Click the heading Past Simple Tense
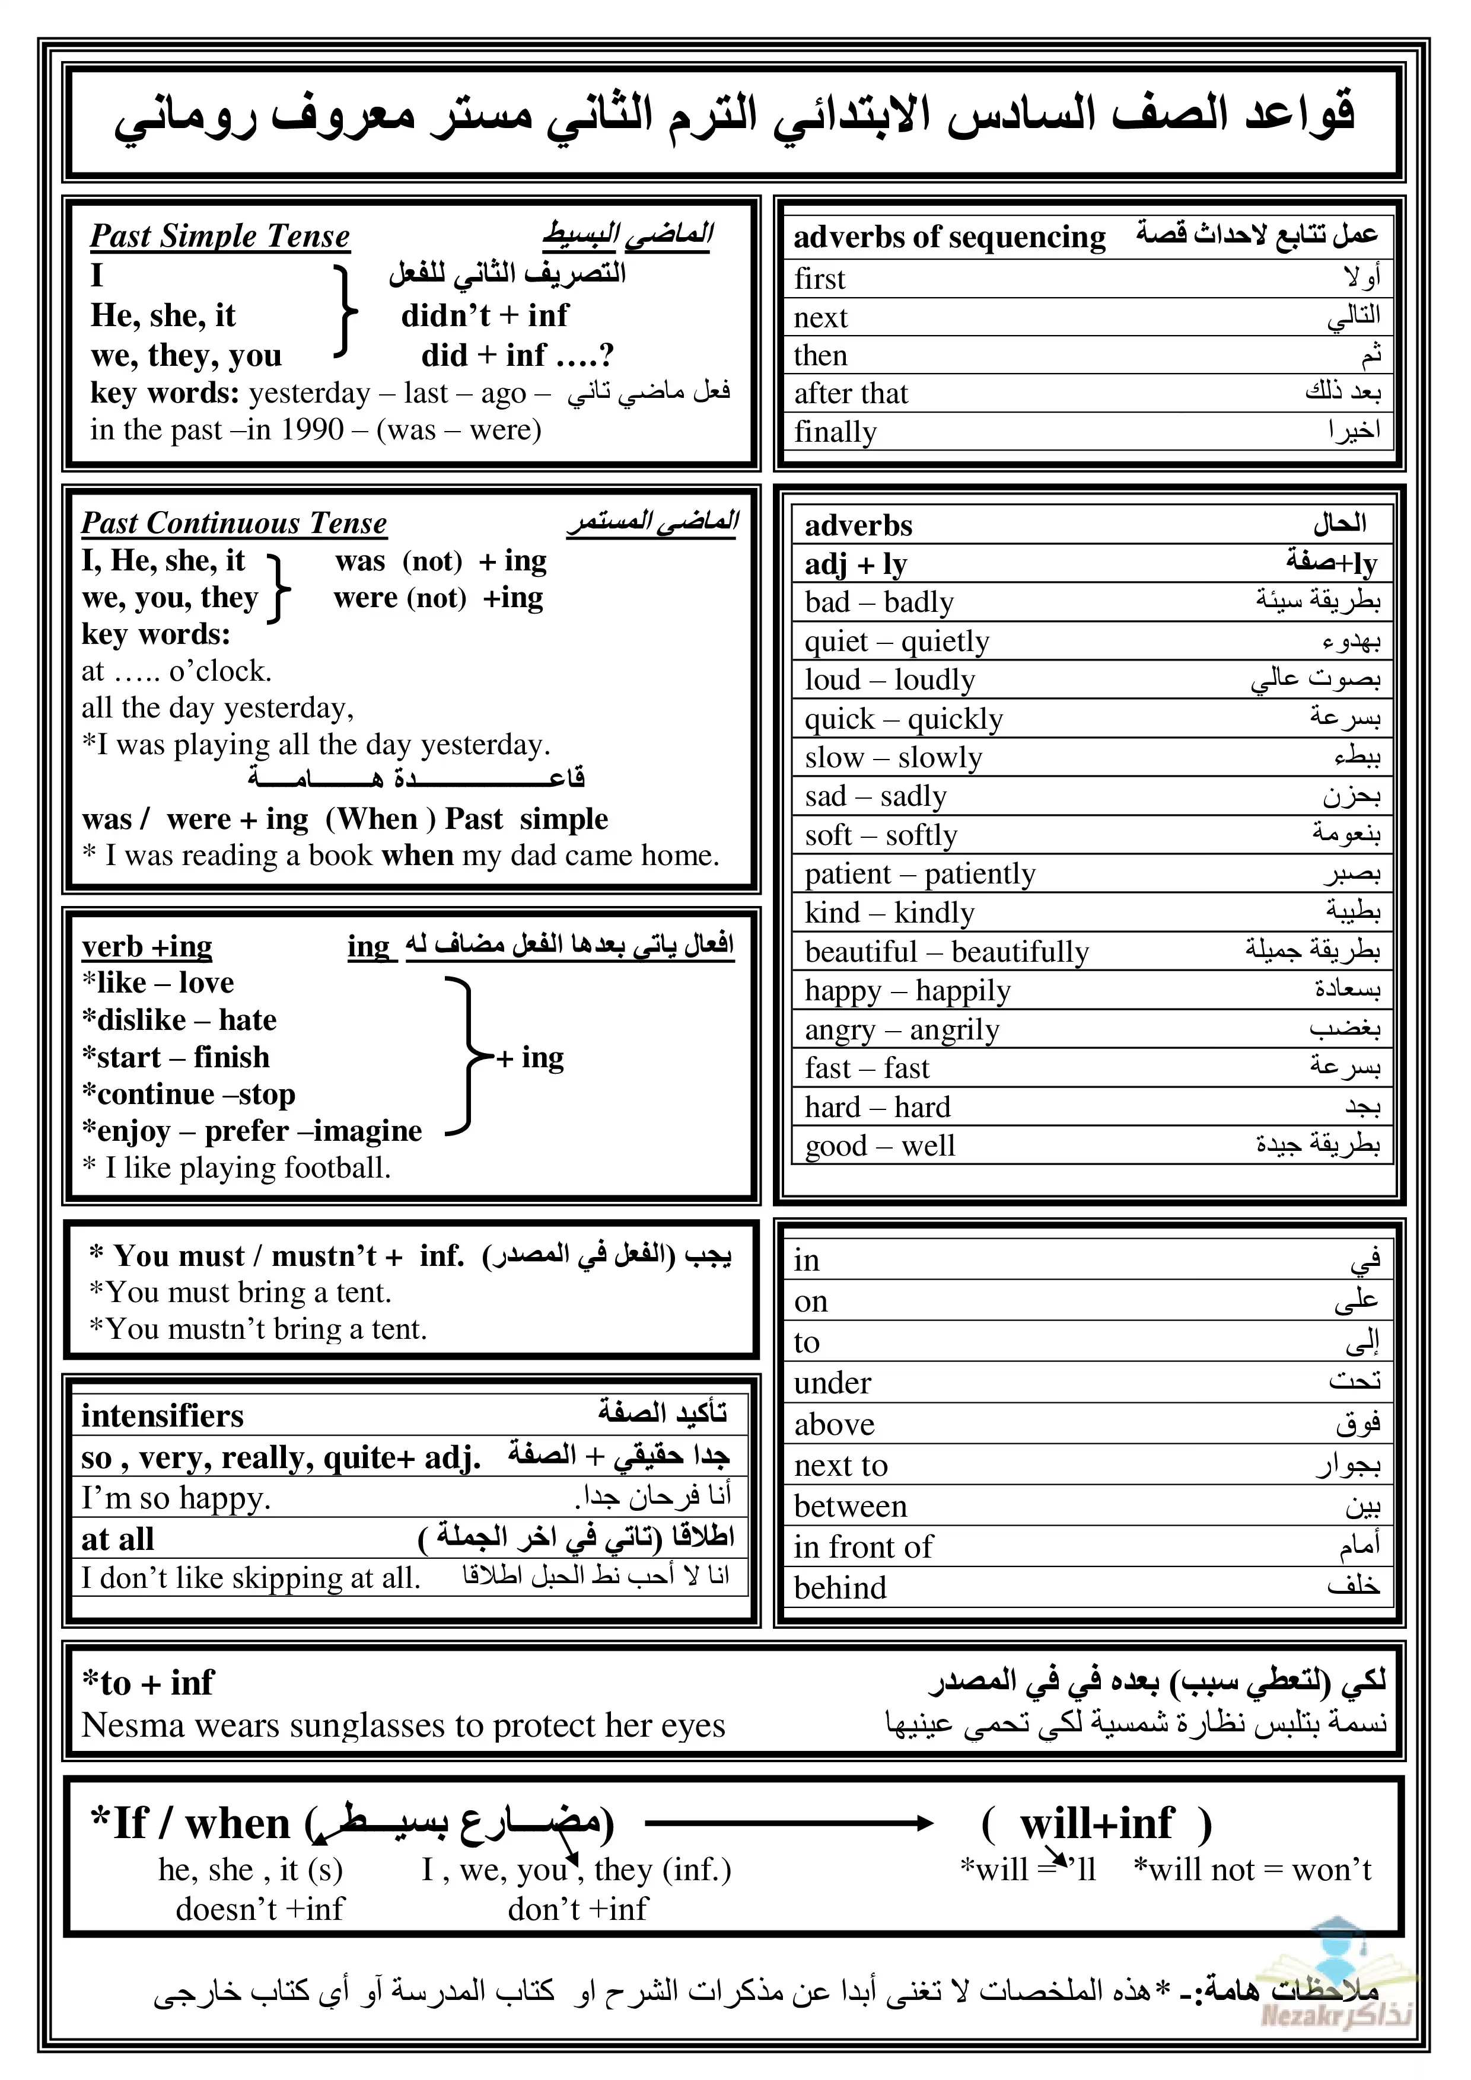click(219, 237)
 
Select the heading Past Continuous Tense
click(234, 524)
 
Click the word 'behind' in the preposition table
click(840, 1587)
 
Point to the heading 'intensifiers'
click(163, 1415)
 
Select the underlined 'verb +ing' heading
click(147, 947)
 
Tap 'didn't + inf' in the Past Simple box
click(484, 315)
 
